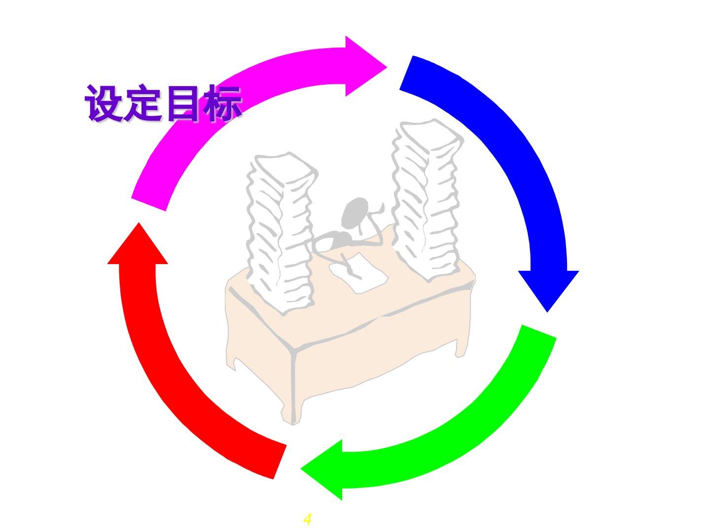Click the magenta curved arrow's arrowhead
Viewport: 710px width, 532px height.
tap(362, 66)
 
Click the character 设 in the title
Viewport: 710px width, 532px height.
tap(104, 103)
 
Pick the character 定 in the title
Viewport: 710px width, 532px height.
tap(143, 103)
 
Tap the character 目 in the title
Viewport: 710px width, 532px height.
tap(183, 103)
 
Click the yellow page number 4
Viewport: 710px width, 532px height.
tap(307, 519)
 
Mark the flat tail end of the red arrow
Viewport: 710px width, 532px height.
tap(279, 461)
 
